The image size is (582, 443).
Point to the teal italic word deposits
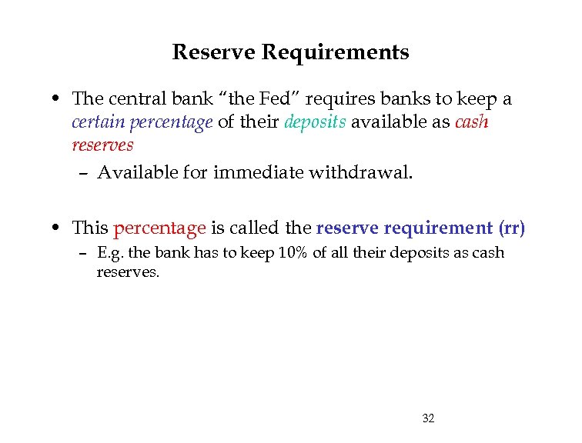pos(316,122)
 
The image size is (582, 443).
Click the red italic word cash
pos(472,122)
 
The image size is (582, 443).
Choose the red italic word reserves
pos(102,145)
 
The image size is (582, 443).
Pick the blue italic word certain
pos(98,122)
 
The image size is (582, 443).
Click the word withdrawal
pos(360,172)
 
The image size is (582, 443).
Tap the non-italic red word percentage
pos(159,228)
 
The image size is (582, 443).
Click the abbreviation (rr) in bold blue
pos(512,228)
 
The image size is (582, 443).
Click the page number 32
pos(429,418)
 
